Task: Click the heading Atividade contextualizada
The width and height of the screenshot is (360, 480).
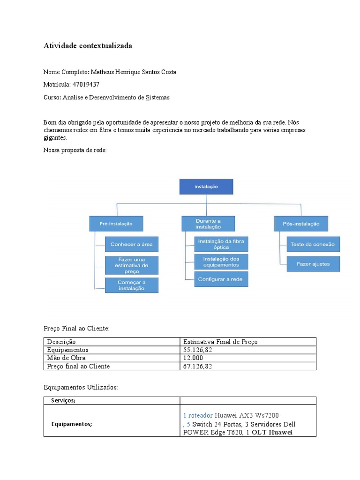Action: (88, 46)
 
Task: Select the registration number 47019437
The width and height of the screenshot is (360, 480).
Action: (86, 84)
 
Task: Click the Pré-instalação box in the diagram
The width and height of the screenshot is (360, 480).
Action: (116, 224)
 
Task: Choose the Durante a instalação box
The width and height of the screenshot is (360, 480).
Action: (208, 224)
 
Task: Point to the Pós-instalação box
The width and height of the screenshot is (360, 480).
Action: (301, 224)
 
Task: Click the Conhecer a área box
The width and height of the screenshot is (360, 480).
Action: (131, 244)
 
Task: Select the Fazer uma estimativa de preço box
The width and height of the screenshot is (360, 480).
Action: (131, 265)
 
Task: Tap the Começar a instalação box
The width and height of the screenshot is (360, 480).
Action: (131, 285)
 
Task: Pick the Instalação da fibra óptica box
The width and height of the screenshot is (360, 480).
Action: (221, 244)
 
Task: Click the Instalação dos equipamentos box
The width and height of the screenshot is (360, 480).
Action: (221, 262)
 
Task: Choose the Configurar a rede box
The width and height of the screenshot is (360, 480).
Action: (221, 279)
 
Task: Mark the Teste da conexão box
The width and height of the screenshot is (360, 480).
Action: (313, 244)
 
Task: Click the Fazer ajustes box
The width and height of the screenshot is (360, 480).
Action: (313, 264)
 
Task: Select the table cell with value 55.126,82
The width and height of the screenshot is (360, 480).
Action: (197, 350)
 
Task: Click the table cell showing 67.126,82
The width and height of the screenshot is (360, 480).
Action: (197, 366)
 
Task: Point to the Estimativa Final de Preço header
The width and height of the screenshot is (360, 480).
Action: (220, 342)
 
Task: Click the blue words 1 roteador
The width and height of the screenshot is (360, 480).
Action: (198, 415)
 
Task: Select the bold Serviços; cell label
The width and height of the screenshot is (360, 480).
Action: (63, 400)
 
